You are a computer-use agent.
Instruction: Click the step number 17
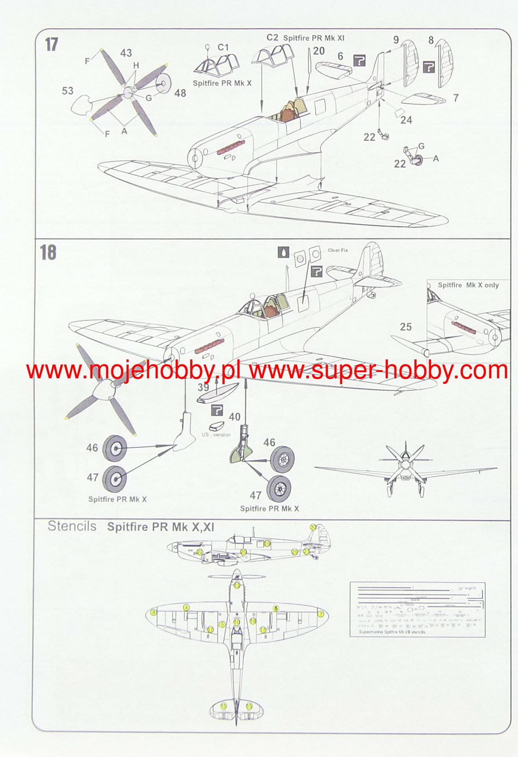52,44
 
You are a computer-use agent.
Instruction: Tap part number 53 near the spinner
68,91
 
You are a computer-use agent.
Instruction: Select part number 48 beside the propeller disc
180,93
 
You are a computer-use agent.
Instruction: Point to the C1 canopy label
223,48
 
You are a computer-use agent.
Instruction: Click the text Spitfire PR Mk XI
313,38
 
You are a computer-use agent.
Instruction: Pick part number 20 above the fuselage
319,51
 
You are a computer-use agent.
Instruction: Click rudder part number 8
431,40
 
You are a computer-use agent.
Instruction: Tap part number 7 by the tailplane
456,98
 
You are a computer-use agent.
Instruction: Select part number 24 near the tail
406,120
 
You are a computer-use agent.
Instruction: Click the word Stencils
72,526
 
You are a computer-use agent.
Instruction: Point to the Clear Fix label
338,250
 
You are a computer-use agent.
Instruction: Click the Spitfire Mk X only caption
468,285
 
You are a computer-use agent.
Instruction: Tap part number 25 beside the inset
406,327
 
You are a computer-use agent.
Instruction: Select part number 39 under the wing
203,387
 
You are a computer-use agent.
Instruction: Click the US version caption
216,435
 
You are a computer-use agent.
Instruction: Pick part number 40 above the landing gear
235,417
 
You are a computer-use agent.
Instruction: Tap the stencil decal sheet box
417,610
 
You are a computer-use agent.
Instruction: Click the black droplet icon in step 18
283,252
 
